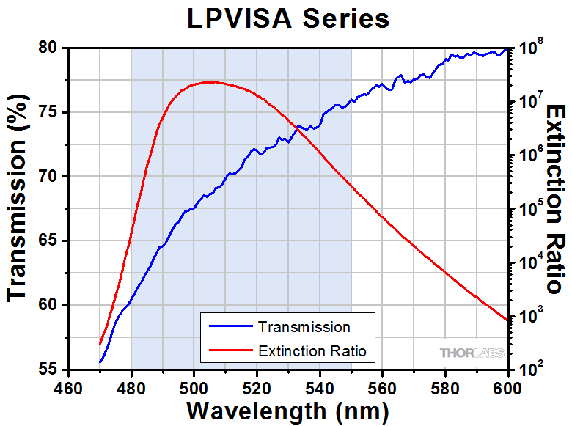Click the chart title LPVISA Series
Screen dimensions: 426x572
click(287, 18)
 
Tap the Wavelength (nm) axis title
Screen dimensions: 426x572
click(287, 411)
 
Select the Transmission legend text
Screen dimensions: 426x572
click(304, 326)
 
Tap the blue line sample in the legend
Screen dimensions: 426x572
click(230, 326)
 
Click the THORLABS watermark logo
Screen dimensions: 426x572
click(472, 353)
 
